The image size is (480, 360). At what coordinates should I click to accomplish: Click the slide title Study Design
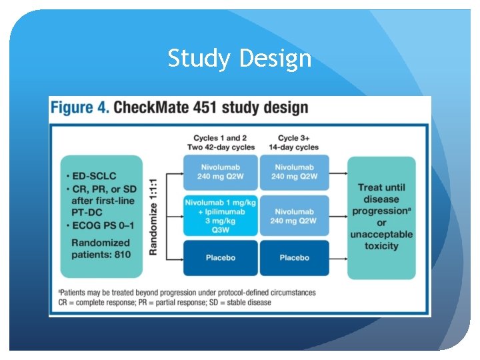(239, 59)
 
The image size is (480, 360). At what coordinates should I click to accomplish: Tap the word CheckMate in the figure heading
(155, 107)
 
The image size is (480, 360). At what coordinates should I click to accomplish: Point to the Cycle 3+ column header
(294, 143)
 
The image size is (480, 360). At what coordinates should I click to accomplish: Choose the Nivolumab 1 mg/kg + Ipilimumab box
(219, 215)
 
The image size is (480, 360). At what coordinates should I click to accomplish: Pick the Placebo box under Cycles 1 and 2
(219, 257)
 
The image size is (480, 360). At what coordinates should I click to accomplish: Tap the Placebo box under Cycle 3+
(294, 257)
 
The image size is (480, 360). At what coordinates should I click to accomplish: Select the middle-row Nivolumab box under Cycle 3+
(294, 215)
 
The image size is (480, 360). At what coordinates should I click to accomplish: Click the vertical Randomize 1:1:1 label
(153, 215)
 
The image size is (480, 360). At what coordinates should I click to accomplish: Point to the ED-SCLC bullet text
(95, 175)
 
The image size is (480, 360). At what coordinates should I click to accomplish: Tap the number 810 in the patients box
(122, 254)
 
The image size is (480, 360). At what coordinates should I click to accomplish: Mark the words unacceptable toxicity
(381, 240)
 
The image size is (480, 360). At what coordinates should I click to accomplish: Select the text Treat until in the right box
(381, 187)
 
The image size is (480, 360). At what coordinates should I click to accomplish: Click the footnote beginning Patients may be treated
(188, 292)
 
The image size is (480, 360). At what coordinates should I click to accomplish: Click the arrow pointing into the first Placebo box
(175, 257)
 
